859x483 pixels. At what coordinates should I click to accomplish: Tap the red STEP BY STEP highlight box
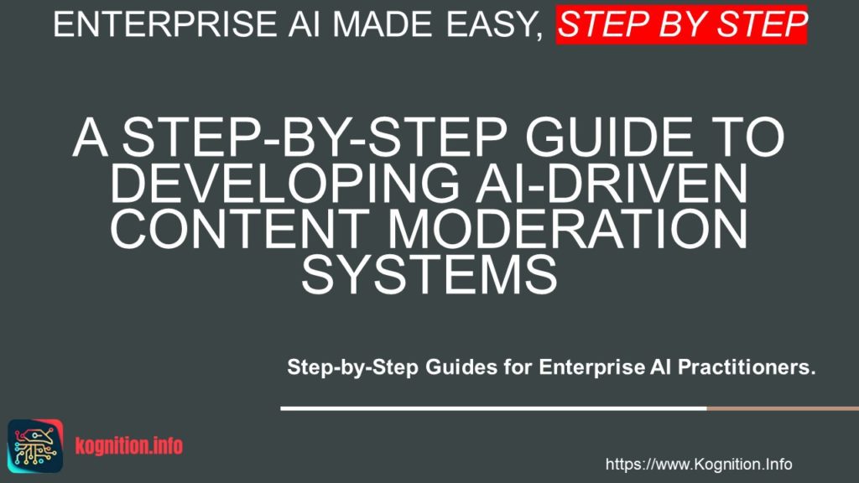[682, 24]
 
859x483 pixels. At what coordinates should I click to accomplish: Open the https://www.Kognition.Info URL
[699, 464]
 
